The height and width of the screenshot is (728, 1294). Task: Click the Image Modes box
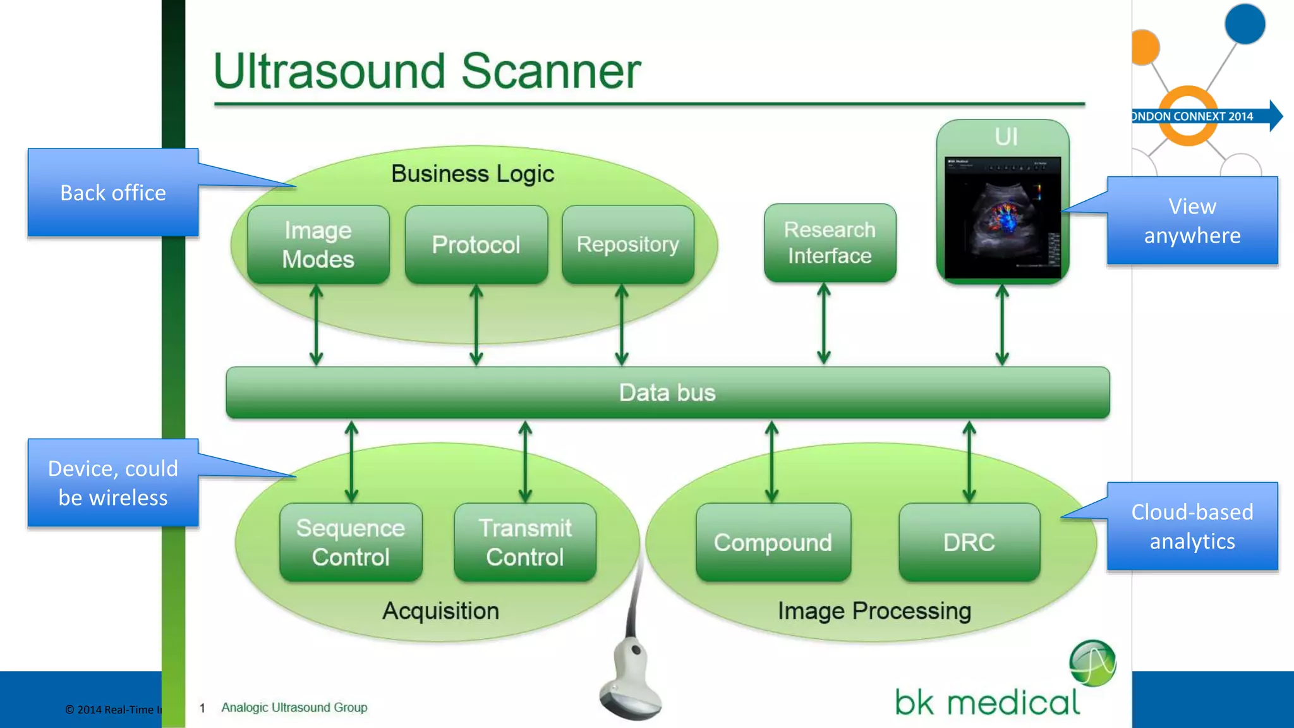coord(318,245)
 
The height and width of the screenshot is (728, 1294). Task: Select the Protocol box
coord(476,245)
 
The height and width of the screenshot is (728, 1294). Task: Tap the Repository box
coord(627,245)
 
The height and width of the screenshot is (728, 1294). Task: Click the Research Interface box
coord(830,243)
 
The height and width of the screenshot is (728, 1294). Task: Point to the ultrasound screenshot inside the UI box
coord(1002,217)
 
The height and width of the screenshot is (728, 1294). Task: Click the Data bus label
coord(667,392)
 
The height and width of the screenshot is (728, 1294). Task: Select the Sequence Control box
coord(351,542)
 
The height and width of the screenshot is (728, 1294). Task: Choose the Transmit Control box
coord(524,542)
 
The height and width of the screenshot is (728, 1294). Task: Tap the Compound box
coord(773,542)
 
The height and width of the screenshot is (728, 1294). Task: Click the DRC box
coord(969,542)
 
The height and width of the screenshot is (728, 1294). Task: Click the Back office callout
coord(113,193)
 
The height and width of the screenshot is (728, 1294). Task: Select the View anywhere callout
coord(1192,221)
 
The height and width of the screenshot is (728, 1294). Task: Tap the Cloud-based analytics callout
coord(1192,526)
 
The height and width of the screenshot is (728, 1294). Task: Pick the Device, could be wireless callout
coord(113,483)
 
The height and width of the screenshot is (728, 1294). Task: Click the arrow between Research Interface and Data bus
coord(823,324)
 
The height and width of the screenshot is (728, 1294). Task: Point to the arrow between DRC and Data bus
coord(969,461)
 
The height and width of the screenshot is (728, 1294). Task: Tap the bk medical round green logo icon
coord(1092,663)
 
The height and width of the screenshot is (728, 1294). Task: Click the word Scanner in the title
coord(550,71)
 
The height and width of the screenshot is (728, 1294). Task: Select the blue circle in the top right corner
coord(1244,24)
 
